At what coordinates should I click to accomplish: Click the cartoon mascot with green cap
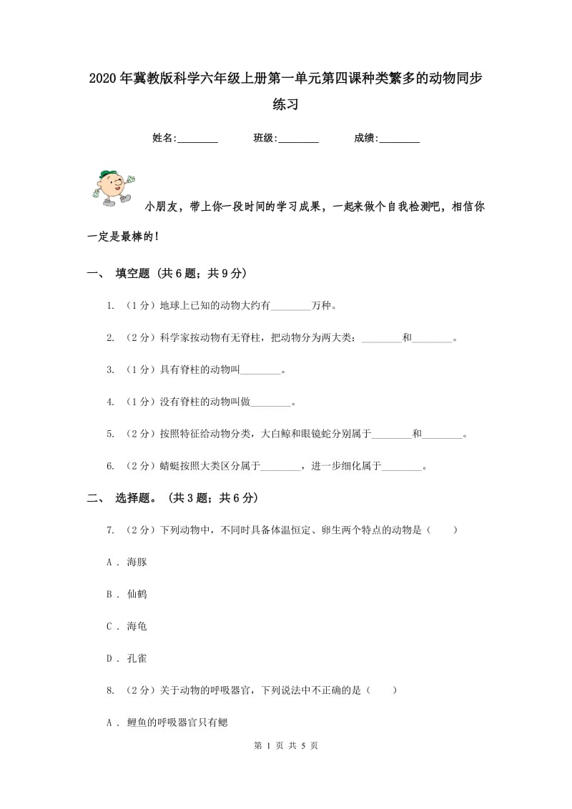[x=113, y=188]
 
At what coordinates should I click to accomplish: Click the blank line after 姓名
[x=197, y=139]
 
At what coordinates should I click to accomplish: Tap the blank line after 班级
[x=298, y=139]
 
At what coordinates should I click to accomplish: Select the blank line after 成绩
[x=399, y=139]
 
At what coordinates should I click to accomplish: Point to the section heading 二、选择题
[x=172, y=498]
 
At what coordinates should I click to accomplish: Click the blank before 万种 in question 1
[x=291, y=307]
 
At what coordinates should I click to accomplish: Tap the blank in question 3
[x=262, y=371]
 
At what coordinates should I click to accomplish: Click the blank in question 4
[x=272, y=403]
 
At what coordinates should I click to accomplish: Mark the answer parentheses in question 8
[x=381, y=691]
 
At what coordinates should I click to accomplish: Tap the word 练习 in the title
[x=285, y=105]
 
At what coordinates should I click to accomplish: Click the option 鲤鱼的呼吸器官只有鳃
[x=177, y=723]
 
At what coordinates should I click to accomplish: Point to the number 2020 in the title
[x=104, y=78]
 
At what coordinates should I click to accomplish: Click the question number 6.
[x=110, y=467]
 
